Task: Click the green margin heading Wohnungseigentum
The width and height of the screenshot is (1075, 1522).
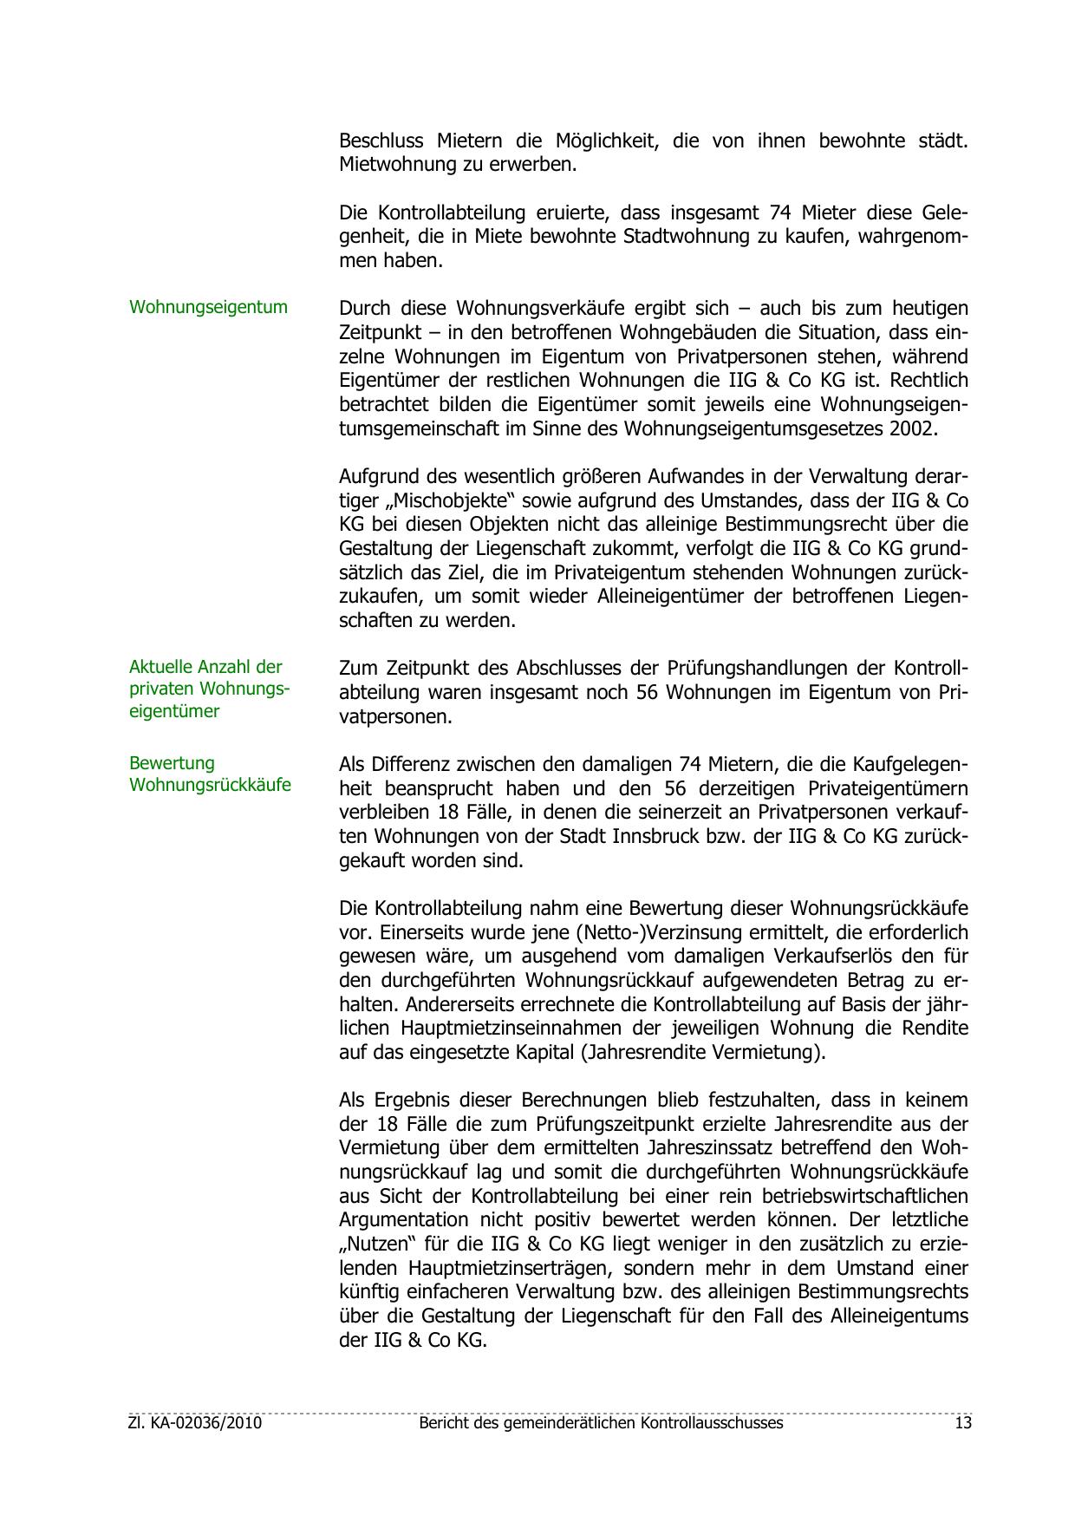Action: tap(208, 307)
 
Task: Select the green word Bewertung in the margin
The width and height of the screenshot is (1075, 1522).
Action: tap(172, 763)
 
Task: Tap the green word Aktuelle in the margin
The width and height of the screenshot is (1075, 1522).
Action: tap(161, 667)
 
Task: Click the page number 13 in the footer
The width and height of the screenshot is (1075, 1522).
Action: tap(962, 1423)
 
